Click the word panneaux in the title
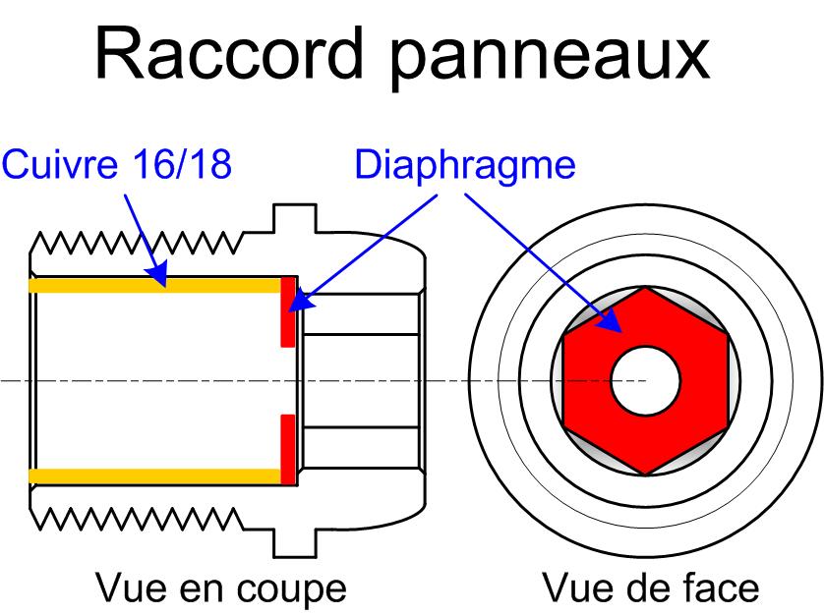(553, 55)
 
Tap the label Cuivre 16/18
(117, 164)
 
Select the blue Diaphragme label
(464, 164)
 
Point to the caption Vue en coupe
(221, 588)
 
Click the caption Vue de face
(651, 588)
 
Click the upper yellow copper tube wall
(157, 285)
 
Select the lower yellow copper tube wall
(157, 475)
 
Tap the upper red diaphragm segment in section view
(288, 310)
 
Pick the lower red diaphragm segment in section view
(288, 449)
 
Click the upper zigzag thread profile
(138, 242)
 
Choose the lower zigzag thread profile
(138, 519)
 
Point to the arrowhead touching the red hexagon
(615, 325)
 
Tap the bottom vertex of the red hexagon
(645, 475)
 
